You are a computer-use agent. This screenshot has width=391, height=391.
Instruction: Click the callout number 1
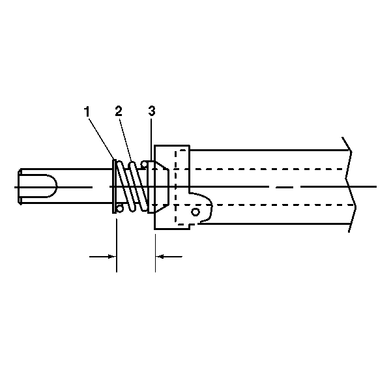tap(87, 111)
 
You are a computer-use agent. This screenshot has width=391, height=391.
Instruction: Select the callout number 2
tap(119, 111)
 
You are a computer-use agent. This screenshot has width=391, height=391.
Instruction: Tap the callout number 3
tap(152, 111)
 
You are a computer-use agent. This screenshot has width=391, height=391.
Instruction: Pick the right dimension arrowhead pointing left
tap(160, 256)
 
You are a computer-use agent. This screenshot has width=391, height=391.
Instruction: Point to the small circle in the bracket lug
tap(195, 212)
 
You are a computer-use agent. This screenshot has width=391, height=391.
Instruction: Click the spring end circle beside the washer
tap(120, 209)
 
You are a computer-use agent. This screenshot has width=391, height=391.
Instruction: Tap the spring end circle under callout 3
tap(144, 164)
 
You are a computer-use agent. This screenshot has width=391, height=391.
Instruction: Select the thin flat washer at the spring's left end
tap(113, 186)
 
